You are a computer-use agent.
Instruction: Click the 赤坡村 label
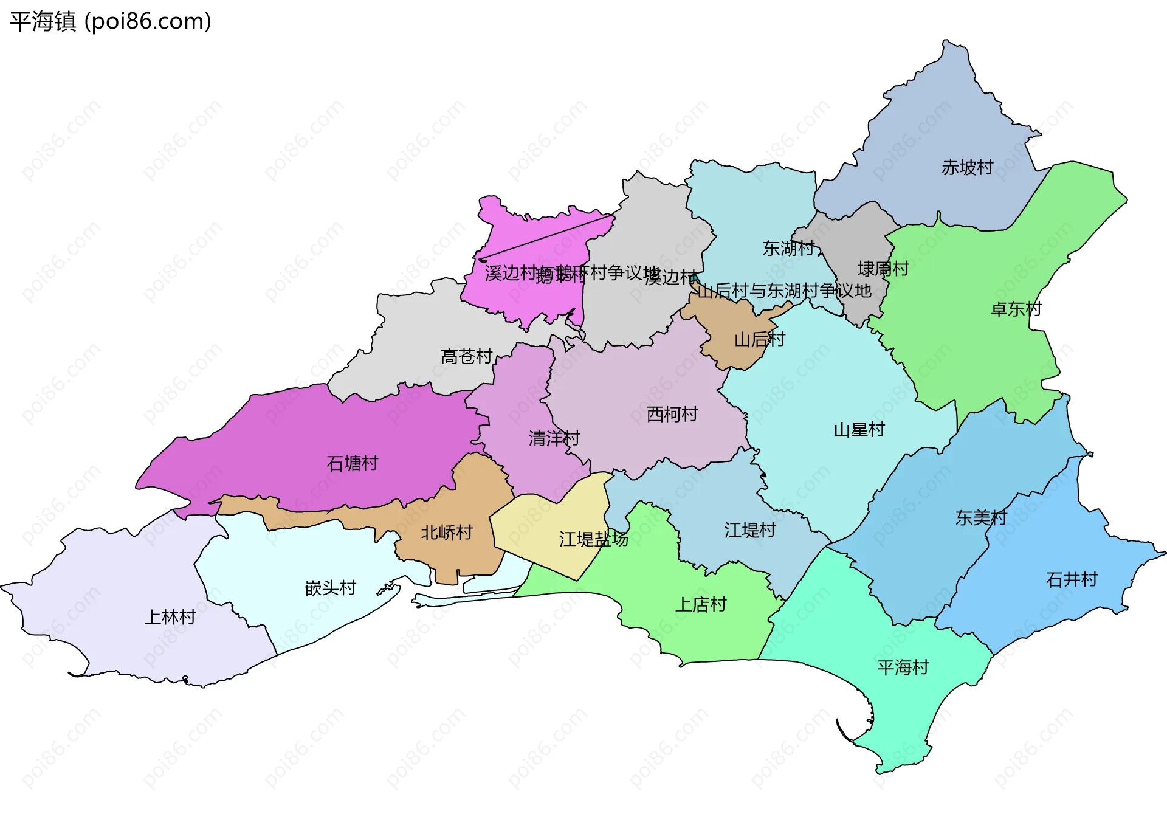[967, 167]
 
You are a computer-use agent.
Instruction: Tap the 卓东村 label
[1016, 309]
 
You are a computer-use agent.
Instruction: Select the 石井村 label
[1072, 579]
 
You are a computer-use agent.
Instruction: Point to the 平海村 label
[903, 667]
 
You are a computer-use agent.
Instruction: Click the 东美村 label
[980, 518]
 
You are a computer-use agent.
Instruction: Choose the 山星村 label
[859, 430]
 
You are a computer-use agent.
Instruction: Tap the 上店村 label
[701, 605]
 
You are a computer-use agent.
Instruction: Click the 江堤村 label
[749, 530]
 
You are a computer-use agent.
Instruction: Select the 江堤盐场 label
[593, 539]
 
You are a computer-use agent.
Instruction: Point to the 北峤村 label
[447, 533]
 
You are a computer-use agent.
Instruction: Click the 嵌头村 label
[330, 588]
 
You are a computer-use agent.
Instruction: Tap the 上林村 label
[170, 618]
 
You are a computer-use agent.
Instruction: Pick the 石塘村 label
[352, 464]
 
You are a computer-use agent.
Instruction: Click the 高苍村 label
[466, 357]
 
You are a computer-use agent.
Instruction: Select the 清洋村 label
[554, 438]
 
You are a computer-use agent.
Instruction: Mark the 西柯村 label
[672, 415]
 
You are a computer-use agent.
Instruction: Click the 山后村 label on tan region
[759, 339]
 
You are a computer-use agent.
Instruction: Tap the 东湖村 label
[788, 249]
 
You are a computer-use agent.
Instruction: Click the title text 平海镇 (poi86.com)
[111, 21]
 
